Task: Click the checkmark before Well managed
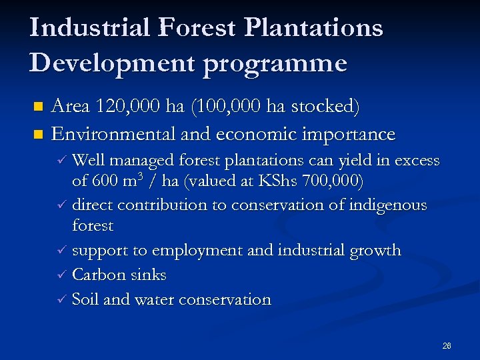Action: (x=61, y=161)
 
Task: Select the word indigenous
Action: (x=387, y=205)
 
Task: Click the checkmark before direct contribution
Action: (x=61, y=205)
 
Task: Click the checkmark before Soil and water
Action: (x=61, y=300)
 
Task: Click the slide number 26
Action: (x=447, y=345)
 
